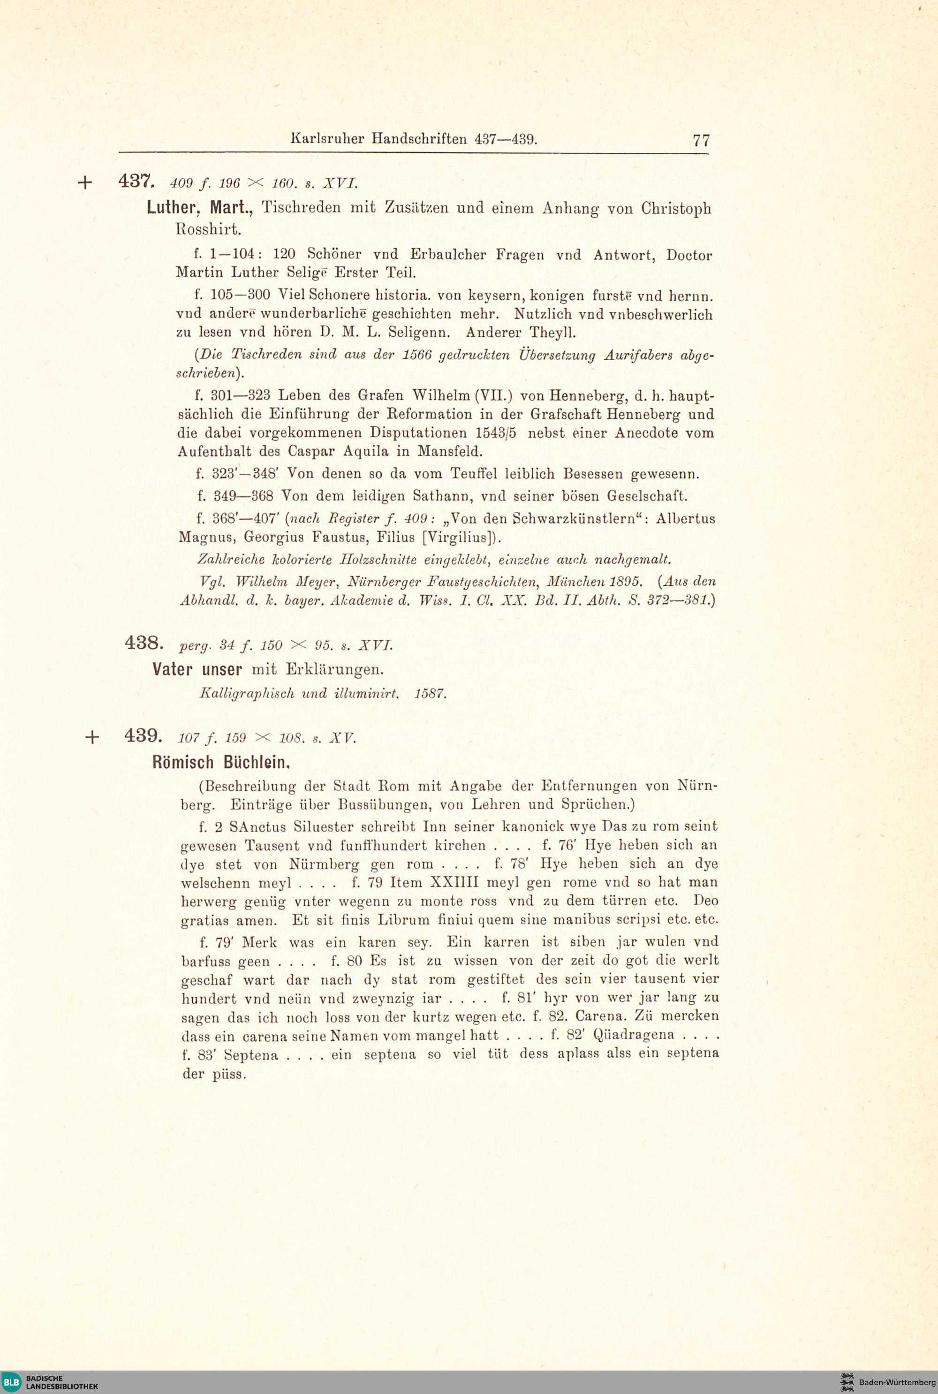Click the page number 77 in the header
click(x=701, y=141)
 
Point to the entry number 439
click(x=143, y=735)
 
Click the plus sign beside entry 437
click(x=85, y=183)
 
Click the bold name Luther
click(x=172, y=208)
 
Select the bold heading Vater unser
click(x=197, y=669)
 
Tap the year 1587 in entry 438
click(x=430, y=694)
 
